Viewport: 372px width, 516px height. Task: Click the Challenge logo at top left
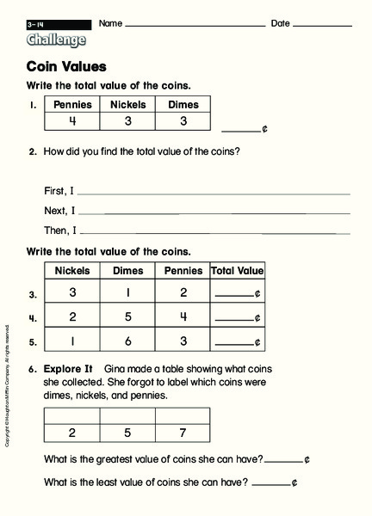pyautogui.click(x=57, y=40)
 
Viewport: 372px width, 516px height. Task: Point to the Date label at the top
pyautogui.click(x=281, y=23)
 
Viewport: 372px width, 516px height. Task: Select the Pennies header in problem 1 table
pyautogui.click(x=72, y=105)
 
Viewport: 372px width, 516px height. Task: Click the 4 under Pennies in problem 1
pyautogui.click(x=72, y=121)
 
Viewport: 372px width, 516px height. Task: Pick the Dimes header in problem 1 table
pyautogui.click(x=183, y=105)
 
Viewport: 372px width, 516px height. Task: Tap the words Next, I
pyautogui.click(x=59, y=210)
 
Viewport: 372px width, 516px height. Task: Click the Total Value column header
pyautogui.click(x=238, y=271)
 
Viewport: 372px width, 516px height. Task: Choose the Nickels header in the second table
pyautogui.click(x=72, y=271)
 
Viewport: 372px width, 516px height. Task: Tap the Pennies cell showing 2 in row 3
pyautogui.click(x=183, y=292)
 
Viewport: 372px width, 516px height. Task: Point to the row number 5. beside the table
pyautogui.click(x=33, y=341)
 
